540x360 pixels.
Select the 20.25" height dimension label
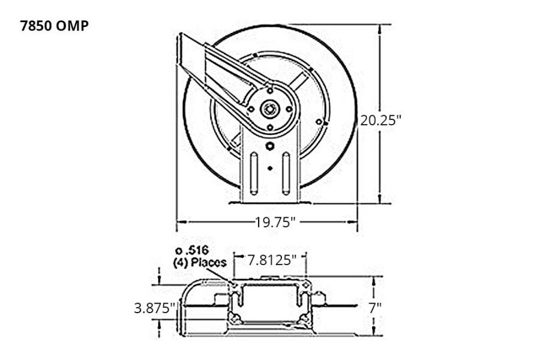point(380,119)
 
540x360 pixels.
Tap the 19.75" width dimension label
point(275,223)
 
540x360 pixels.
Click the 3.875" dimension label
point(155,308)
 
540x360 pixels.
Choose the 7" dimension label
point(375,308)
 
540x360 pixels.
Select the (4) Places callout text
point(199,262)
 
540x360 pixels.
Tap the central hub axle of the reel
point(270,109)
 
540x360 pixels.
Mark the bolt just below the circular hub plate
point(270,146)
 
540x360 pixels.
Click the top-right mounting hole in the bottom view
point(307,284)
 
